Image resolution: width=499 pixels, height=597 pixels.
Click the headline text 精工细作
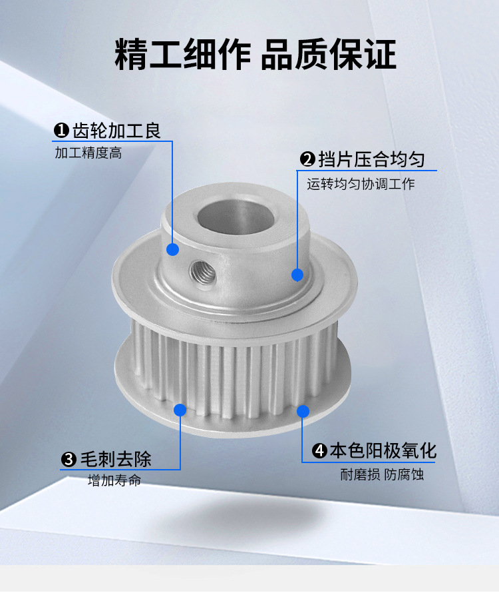[182, 54]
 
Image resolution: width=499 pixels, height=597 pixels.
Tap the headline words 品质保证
[329, 54]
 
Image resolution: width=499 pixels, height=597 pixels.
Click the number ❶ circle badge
[61, 131]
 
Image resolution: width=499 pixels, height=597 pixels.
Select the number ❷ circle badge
[307, 159]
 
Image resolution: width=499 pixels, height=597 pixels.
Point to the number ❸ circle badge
[69, 460]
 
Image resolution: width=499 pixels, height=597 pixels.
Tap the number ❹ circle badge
[319, 451]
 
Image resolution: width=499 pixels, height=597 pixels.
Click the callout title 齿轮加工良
[116, 131]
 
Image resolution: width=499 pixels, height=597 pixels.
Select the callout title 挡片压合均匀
[371, 159]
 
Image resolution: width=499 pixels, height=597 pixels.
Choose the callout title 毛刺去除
[116, 459]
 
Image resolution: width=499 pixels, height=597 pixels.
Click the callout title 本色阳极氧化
[383, 451]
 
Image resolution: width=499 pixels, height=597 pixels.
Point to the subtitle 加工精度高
[88, 153]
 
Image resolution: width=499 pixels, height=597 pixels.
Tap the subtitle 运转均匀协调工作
[361, 185]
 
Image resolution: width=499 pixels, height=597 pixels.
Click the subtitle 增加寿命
[114, 480]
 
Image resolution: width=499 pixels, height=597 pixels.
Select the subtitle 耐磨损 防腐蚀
[382, 475]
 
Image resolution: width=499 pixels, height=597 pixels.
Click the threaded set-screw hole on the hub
[203, 273]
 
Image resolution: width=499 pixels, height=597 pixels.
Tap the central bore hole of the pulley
[236, 218]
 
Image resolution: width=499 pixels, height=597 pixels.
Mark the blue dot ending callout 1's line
[173, 250]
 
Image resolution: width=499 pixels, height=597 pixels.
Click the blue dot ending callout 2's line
[297, 275]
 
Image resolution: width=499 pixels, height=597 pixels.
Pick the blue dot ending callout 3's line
[180, 410]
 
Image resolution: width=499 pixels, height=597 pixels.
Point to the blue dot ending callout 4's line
[303, 411]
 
